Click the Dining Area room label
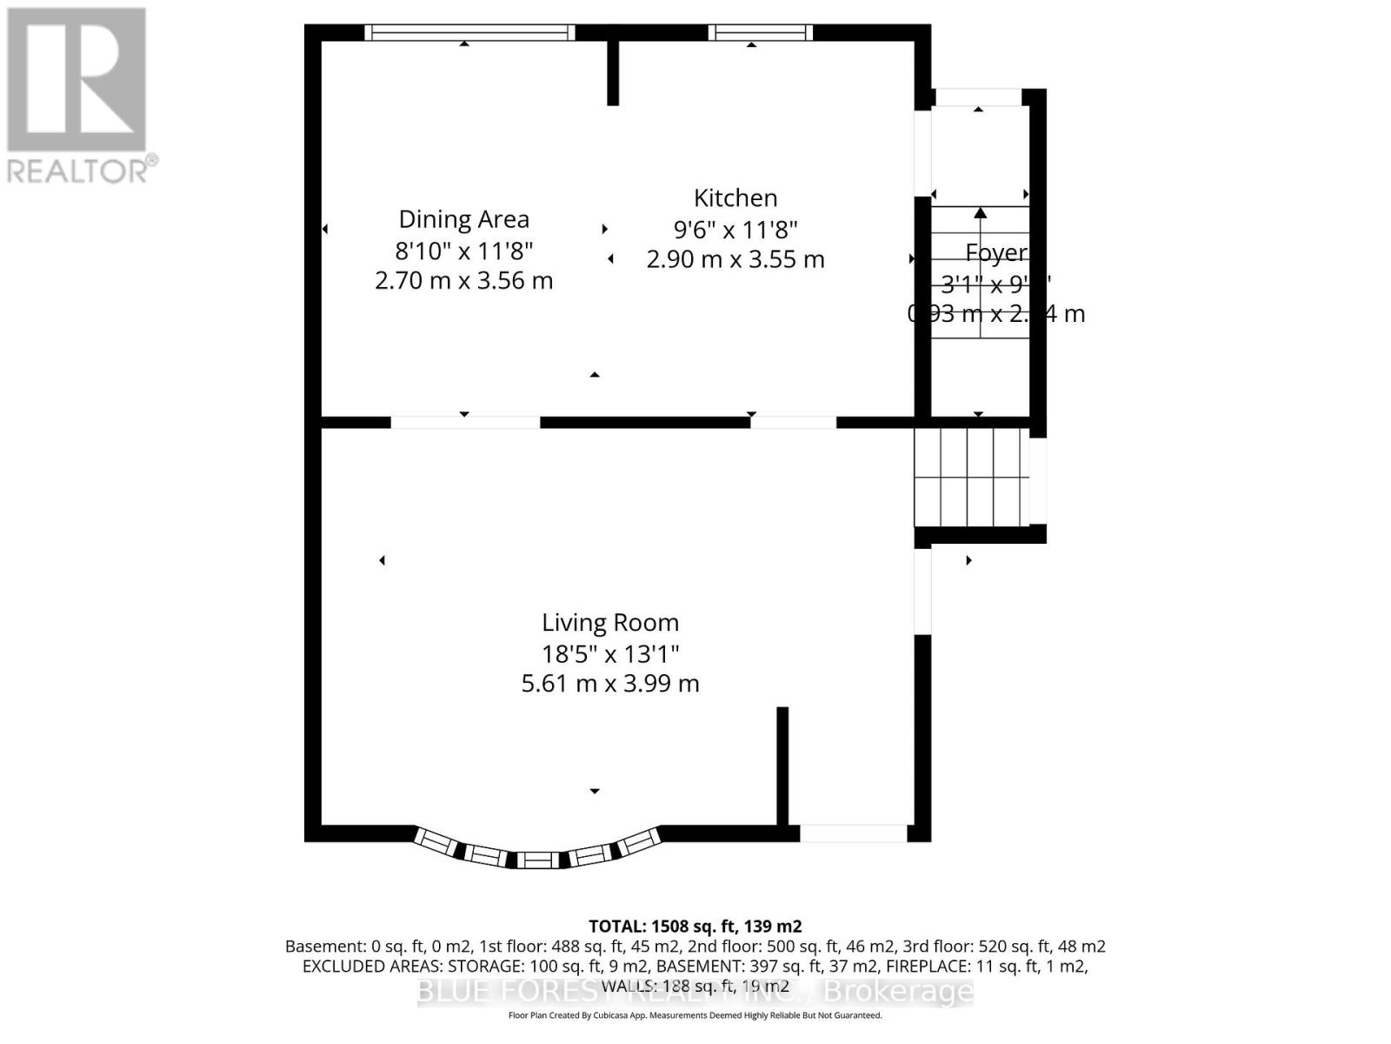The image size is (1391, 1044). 463,219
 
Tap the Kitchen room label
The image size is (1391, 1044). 735,198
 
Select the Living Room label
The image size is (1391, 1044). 610,623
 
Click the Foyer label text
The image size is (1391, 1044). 996,253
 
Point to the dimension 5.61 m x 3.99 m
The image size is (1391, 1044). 610,684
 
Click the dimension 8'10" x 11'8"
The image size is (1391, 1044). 463,251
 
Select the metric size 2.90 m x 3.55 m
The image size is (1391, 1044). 735,259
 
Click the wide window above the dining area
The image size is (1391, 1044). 469,33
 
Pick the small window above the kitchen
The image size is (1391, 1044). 760,33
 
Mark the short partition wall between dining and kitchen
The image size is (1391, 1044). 613,73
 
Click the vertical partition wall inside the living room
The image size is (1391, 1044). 782,766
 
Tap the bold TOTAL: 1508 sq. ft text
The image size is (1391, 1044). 695,927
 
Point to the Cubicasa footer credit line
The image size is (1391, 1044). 695,1015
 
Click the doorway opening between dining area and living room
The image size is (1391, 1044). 465,423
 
